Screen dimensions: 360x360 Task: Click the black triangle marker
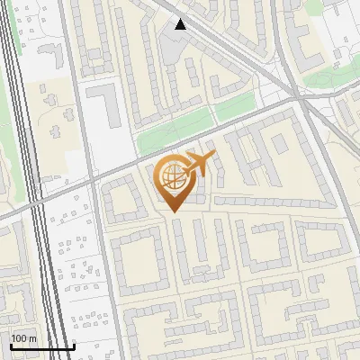(181, 24)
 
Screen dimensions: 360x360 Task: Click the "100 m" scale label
(23, 338)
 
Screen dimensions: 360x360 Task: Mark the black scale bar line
(42, 346)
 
